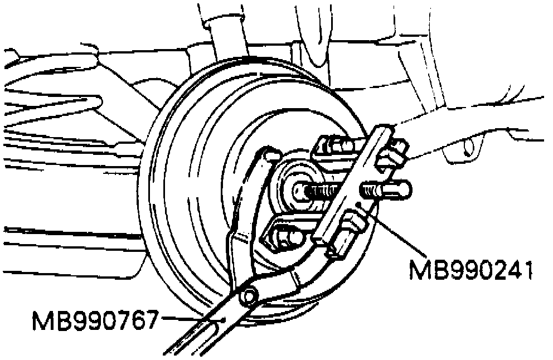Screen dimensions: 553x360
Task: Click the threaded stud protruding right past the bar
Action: point(390,190)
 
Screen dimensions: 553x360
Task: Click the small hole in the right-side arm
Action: point(467,147)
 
